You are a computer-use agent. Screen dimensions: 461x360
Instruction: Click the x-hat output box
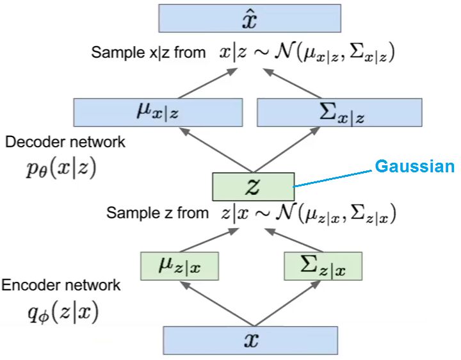coord(250,18)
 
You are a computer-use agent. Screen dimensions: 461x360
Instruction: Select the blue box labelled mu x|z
coord(158,113)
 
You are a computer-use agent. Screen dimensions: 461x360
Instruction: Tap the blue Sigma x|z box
coord(339,113)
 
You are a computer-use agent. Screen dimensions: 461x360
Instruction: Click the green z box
coord(254,187)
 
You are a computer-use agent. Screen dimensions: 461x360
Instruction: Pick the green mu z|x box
coord(180,266)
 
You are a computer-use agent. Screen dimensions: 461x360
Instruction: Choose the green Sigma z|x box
coord(323,266)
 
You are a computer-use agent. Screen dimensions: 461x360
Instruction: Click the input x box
coord(250,341)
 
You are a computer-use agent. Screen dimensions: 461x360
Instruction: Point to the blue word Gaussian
coord(415,166)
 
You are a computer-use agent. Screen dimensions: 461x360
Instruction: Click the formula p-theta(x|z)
coord(61,169)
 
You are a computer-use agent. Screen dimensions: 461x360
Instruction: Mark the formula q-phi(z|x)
coord(63,313)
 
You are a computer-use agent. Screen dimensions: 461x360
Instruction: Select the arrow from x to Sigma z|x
coord(287,304)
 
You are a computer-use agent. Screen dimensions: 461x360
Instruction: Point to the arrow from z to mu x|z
coord(216,150)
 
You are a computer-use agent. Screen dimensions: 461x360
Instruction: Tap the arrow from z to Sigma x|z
coord(287,150)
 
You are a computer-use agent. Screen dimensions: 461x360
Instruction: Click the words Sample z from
coord(158,213)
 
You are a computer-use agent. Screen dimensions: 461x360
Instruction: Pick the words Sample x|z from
coord(148,53)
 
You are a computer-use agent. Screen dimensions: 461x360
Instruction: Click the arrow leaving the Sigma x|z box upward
coord(293,83)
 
